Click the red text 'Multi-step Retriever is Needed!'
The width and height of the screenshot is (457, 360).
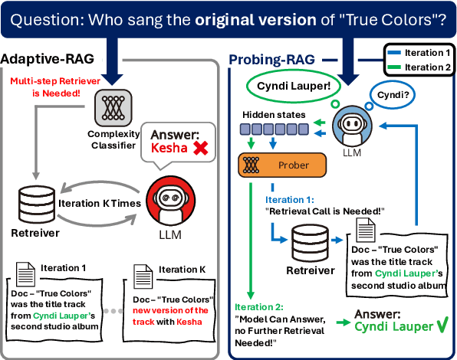tap(46, 87)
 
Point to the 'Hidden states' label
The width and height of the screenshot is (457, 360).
tap(274, 115)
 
